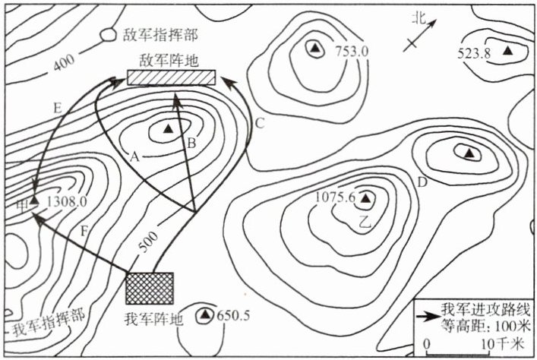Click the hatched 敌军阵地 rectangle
tap(172, 77)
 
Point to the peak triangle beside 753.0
tap(313, 49)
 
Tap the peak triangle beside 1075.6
tap(365, 199)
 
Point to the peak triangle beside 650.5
tap(206, 314)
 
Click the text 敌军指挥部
tap(158, 36)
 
